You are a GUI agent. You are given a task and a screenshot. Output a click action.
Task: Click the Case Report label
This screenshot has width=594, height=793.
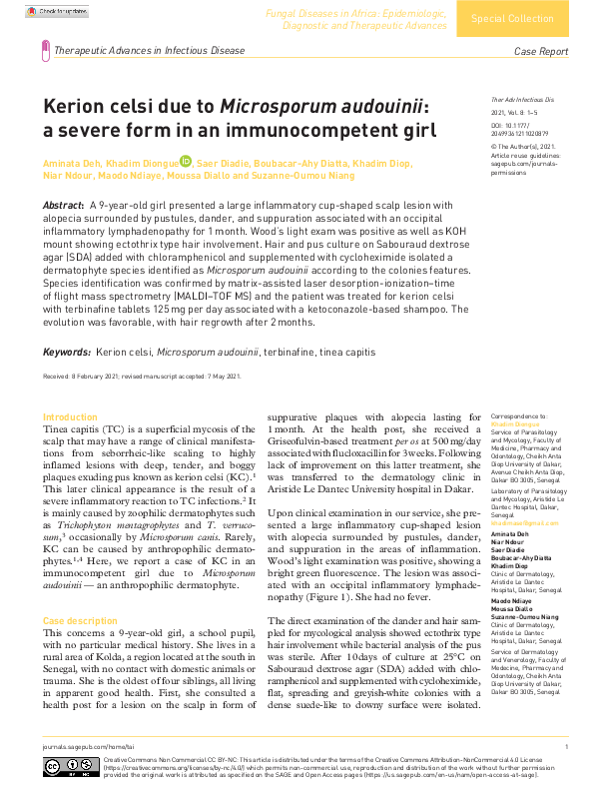click(540, 51)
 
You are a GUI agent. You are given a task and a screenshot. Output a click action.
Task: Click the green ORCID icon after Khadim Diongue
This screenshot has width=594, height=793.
click(186, 161)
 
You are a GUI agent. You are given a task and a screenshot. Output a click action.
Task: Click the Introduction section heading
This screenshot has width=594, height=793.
click(71, 415)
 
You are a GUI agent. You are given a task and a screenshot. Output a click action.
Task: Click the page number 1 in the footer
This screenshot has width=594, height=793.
click(566, 746)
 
